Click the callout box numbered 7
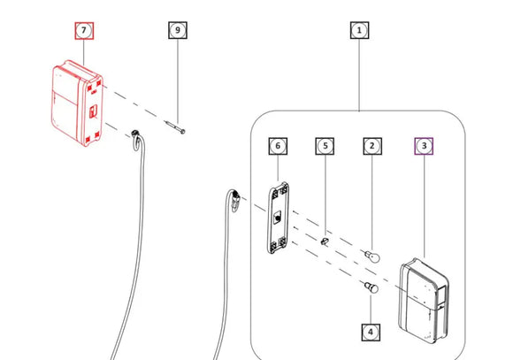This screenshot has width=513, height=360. click(84, 31)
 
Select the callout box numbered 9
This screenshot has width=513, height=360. click(178, 30)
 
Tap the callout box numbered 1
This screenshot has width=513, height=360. click(360, 30)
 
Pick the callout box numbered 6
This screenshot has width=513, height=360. click(278, 146)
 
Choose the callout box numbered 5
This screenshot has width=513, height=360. click(325, 146)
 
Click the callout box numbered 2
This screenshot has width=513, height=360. click(372, 146)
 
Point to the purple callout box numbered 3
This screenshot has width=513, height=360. click(424, 146)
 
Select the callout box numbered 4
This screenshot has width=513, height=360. click(371, 333)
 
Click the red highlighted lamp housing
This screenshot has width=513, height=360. click(77, 103)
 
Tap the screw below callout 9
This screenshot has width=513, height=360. click(175, 127)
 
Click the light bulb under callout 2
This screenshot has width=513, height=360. click(373, 257)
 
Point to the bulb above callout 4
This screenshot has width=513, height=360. click(371, 287)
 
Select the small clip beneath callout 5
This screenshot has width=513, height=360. click(325, 241)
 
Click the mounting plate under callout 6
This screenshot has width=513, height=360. click(278, 218)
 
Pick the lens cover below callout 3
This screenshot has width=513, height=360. click(424, 301)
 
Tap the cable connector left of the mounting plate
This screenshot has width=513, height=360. click(235, 200)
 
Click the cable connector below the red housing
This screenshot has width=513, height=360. click(137, 140)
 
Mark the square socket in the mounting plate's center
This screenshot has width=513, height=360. click(278, 218)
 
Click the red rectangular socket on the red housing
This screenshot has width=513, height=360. click(93, 111)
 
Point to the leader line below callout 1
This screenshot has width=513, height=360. click(360, 75)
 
